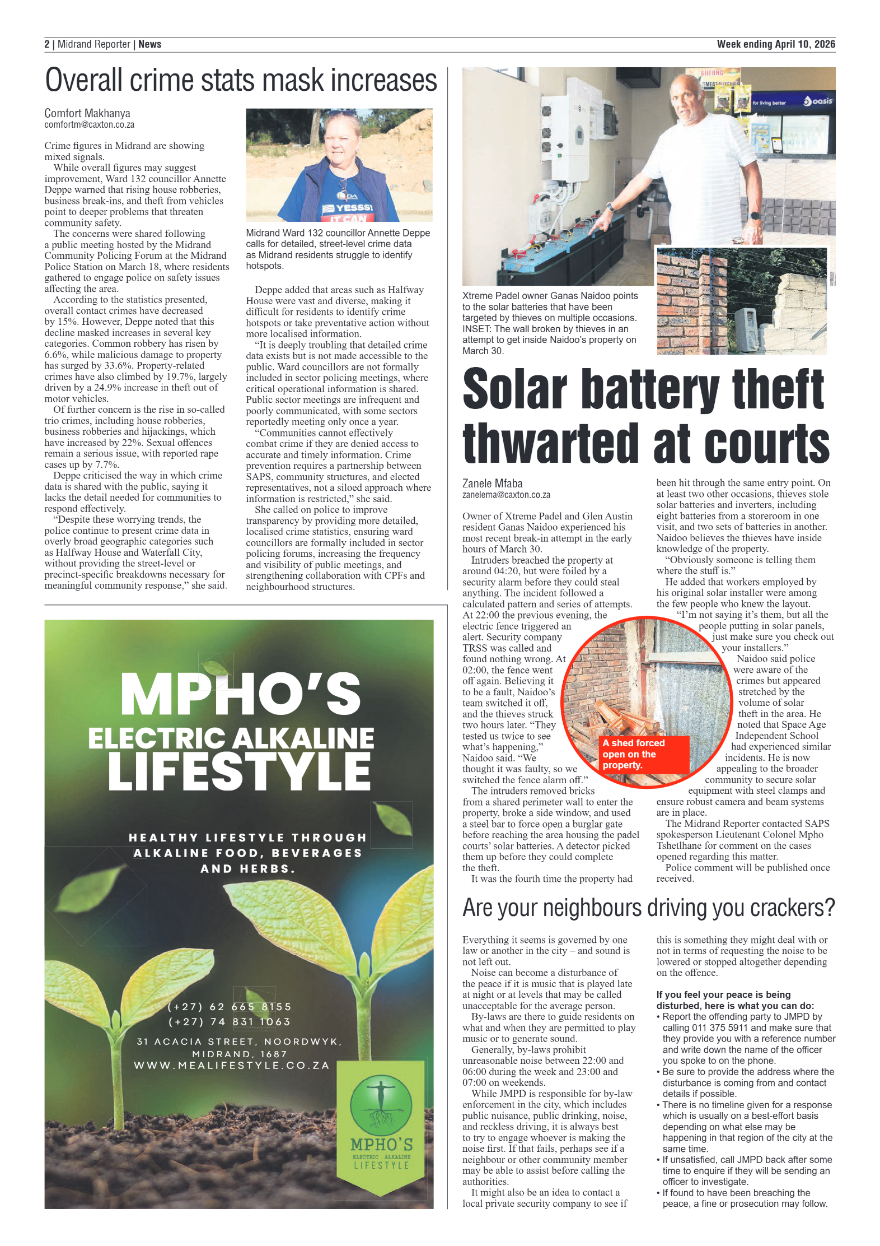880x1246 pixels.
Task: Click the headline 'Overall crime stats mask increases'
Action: (241, 80)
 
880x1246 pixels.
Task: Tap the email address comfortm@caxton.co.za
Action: (89, 125)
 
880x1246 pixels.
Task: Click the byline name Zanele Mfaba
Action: (492, 483)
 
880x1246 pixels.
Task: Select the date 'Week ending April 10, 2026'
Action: (775, 44)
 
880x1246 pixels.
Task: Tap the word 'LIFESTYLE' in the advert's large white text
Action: (239, 771)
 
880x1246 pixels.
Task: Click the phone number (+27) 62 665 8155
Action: (230, 1007)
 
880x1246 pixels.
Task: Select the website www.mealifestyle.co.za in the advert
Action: (232, 1065)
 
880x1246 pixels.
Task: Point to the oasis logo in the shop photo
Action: (818, 101)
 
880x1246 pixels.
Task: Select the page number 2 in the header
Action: (47, 44)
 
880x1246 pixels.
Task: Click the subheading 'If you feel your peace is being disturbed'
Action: (734, 1000)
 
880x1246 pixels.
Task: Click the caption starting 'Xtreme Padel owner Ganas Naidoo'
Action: (550, 323)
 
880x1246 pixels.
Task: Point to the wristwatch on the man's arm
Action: (754, 216)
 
